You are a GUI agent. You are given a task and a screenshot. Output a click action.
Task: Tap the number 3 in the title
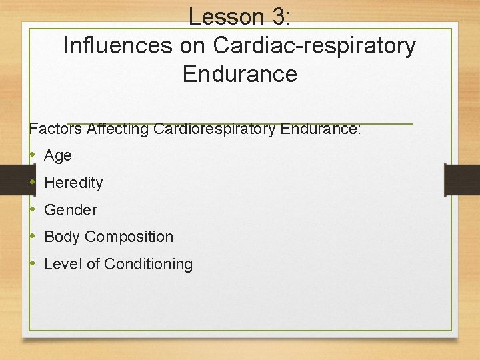click(x=277, y=17)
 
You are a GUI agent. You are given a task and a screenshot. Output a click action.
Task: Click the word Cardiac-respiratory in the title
click(x=314, y=45)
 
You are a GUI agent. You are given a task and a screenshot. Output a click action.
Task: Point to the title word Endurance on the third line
click(x=239, y=73)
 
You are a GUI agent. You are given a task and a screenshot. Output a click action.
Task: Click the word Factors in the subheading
click(x=55, y=129)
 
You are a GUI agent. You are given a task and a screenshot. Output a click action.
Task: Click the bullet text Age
click(x=57, y=156)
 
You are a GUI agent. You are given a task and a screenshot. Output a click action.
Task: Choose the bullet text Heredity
click(x=73, y=183)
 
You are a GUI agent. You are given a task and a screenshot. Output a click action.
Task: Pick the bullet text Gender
click(x=70, y=210)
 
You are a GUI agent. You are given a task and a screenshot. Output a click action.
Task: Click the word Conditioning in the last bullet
click(x=148, y=264)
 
